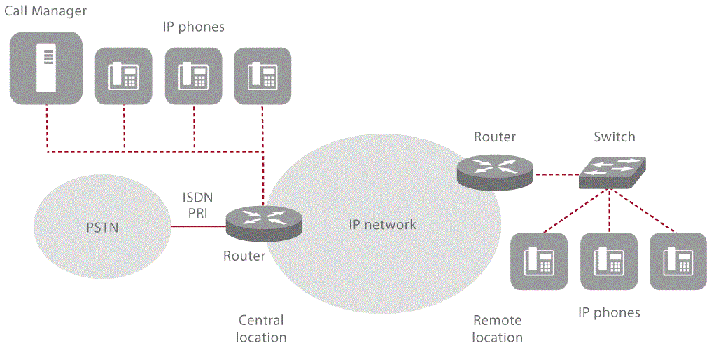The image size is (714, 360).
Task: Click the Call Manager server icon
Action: point(46,67)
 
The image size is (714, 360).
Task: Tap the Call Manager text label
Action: point(45,11)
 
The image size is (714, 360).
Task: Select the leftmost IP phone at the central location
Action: point(123,76)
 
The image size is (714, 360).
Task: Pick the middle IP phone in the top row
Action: point(193,76)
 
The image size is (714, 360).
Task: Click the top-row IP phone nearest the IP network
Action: point(262,76)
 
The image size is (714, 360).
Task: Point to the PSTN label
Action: point(101,228)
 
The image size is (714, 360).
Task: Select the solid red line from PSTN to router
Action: point(198,226)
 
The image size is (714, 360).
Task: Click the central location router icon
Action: point(264,223)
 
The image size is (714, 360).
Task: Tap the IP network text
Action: point(382,225)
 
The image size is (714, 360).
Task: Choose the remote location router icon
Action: point(494,170)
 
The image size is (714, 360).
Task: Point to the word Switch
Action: point(614,137)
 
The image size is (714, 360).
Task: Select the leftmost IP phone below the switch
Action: point(540,261)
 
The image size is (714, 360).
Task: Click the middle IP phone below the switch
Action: point(609,261)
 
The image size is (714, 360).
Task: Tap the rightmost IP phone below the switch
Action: point(678,261)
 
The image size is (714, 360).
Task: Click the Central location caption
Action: point(260,328)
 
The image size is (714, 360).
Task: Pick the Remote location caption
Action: point(497,328)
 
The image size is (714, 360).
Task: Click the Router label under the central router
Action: point(244,256)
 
